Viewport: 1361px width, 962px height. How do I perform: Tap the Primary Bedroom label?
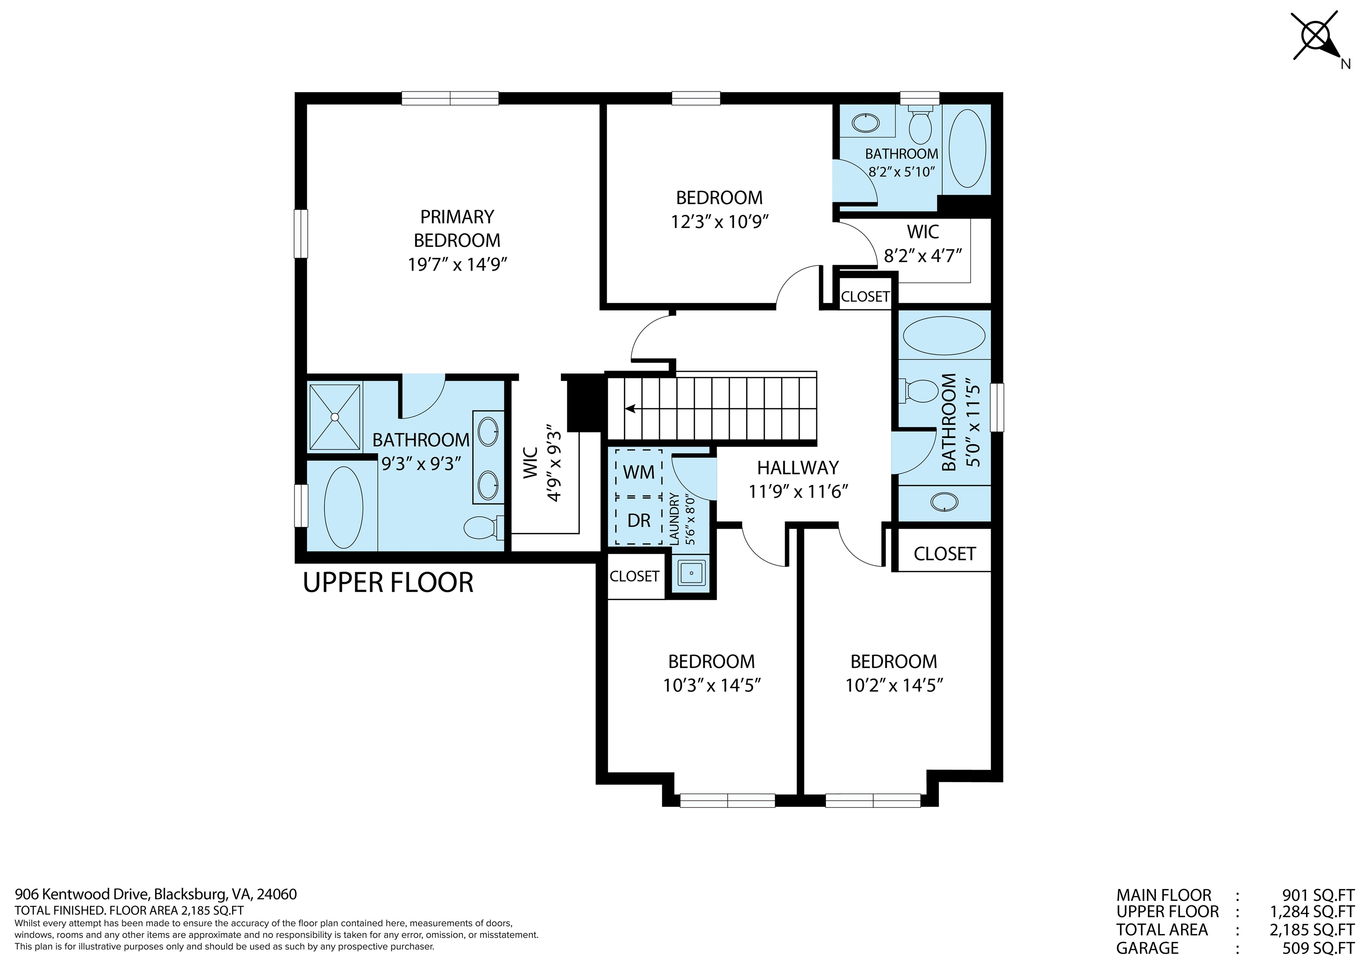click(x=457, y=228)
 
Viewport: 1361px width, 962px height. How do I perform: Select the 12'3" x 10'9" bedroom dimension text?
click(x=719, y=222)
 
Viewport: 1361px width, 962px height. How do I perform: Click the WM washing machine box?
click(x=638, y=473)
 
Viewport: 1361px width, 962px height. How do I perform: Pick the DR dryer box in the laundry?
click(x=638, y=520)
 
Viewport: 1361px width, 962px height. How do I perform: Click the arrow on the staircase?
click(x=630, y=408)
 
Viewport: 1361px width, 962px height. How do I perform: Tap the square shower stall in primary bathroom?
click(x=335, y=417)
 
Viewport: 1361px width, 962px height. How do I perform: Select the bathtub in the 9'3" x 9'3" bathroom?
click(x=343, y=508)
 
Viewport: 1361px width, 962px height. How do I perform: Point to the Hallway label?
click(x=798, y=468)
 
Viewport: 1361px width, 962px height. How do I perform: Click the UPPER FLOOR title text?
click(x=388, y=583)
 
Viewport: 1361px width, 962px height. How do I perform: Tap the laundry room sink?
click(x=691, y=573)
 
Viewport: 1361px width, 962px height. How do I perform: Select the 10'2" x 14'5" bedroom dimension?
click(x=894, y=686)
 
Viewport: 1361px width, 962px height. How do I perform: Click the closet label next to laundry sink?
click(x=634, y=576)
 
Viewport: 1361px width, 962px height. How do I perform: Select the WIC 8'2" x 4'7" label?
click(x=922, y=244)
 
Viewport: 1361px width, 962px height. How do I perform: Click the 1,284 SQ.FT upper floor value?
click(x=1312, y=912)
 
